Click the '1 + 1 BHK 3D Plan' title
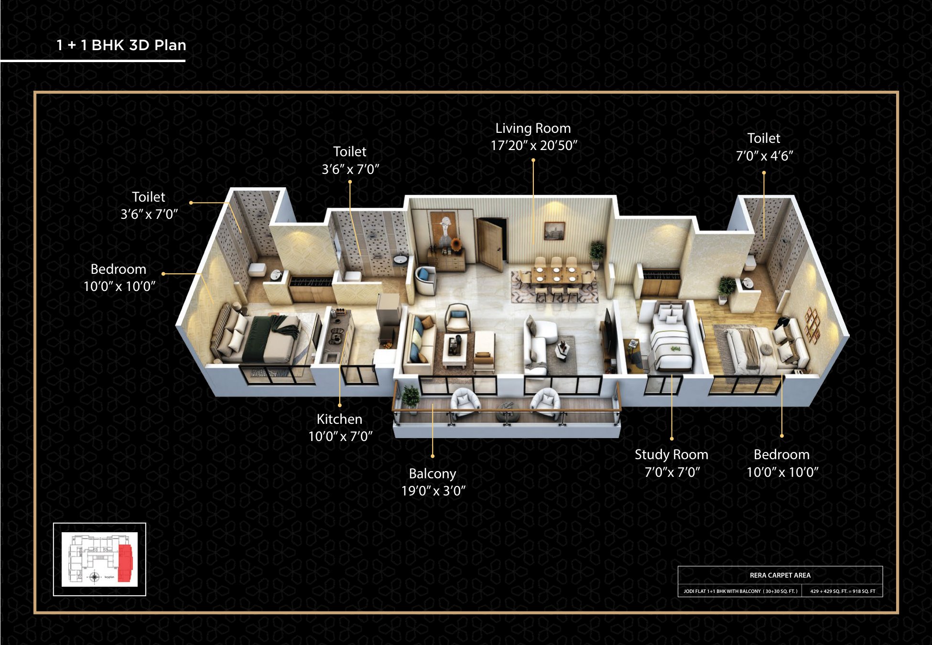[x=121, y=45]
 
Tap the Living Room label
[x=533, y=128]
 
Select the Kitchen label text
[x=339, y=419]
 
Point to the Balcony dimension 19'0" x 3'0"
[x=433, y=491]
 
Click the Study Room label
[x=671, y=454]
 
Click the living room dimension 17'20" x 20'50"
[x=534, y=145]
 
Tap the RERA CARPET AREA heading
[x=780, y=575]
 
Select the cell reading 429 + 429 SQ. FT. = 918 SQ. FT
[x=843, y=591]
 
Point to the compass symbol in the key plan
[x=95, y=577]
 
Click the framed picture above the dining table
[x=554, y=230]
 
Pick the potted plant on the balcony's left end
[x=410, y=398]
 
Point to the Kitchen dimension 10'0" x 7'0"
[x=340, y=436]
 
